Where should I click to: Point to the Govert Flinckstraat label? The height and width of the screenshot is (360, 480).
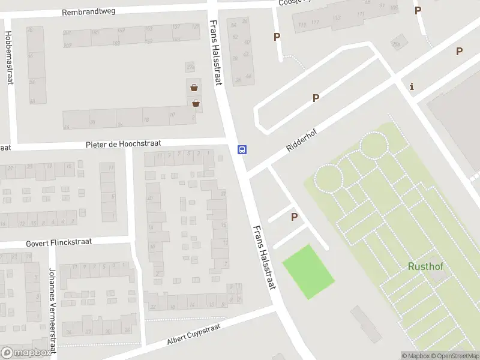[58, 242]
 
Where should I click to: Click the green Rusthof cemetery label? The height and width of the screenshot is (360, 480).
[425, 266]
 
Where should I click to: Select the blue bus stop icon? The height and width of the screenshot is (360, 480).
[242, 149]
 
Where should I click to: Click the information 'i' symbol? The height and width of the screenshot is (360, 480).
[412, 86]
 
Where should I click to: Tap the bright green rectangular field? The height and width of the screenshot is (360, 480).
[308, 271]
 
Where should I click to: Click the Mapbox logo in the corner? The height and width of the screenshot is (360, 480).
[26, 353]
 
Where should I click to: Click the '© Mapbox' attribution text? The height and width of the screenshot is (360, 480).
[415, 356]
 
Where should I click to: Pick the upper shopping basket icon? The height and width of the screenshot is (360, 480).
[194, 88]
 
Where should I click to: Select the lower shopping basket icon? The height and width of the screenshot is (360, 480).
[196, 103]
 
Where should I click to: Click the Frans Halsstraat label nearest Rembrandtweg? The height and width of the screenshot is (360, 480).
[217, 52]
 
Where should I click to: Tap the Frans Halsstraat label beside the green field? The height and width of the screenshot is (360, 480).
[264, 257]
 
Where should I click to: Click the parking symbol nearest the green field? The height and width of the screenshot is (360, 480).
[294, 217]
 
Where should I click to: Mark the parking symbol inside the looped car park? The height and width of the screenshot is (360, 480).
[316, 98]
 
